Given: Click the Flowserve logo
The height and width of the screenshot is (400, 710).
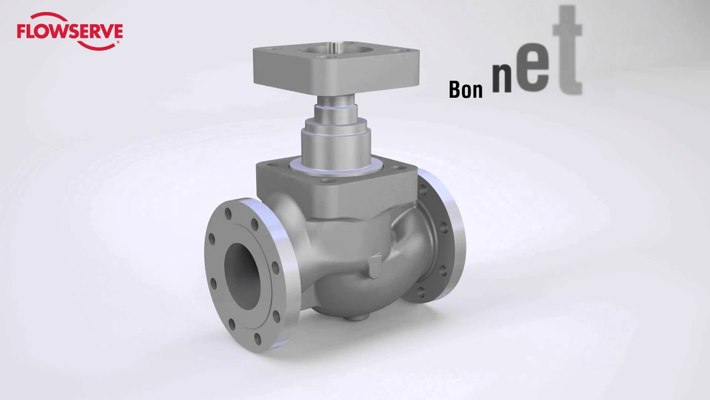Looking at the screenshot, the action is (70, 31).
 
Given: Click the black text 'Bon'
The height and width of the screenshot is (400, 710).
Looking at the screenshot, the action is (465, 90).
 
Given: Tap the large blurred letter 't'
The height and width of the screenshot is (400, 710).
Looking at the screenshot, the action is (567, 50).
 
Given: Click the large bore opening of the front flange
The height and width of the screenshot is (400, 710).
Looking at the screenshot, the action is (243, 275).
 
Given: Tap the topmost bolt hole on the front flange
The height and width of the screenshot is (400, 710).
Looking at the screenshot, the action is (228, 214).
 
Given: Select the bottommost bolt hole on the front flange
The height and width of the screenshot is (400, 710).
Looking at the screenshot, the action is (258, 339).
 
